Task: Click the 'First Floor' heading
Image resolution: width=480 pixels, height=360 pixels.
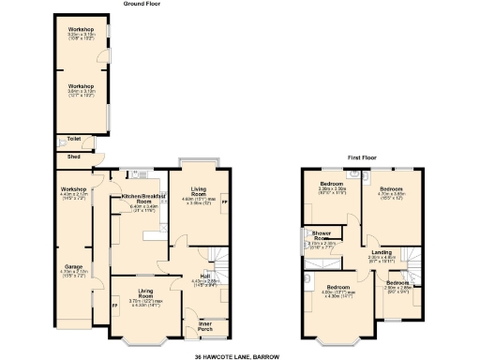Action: pos(361,157)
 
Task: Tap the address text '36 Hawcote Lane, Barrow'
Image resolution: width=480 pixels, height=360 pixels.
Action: pos(239,356)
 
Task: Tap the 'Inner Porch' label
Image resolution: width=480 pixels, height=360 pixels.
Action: pos(204,327)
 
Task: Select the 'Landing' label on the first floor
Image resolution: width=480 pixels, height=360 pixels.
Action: pos(382,252)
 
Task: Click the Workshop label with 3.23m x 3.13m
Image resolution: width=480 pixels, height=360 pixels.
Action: pos(80,30)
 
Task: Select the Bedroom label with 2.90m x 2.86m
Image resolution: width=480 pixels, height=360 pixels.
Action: pos(397,282)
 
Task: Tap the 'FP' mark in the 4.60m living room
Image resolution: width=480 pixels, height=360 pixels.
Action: pos(223,202)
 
